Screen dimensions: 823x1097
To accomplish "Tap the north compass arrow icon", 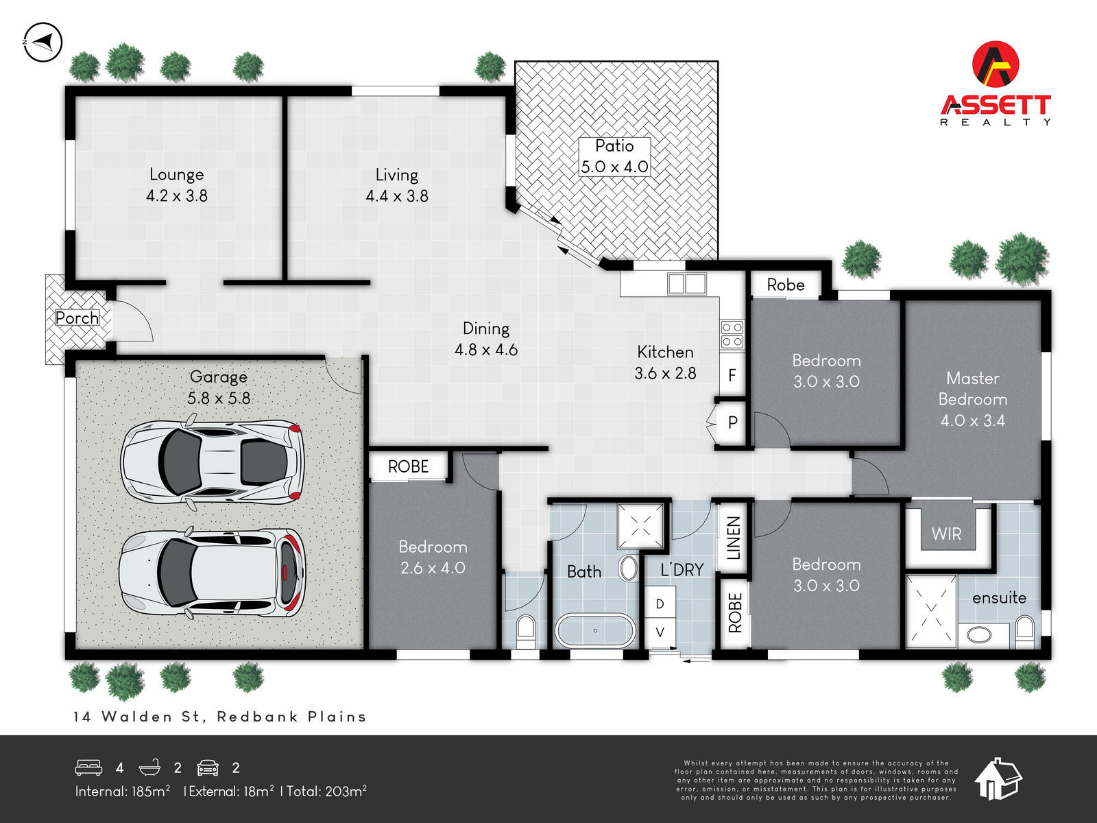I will tap(43, 43).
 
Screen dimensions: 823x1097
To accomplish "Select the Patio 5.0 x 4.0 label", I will tap(614, 156).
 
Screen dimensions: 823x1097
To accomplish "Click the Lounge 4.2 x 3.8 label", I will tap(177, 185).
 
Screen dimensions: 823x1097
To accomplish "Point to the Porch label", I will tap(77, 318).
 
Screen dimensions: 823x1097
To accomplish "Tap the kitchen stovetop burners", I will tap(732, 334).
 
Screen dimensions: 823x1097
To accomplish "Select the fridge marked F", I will tap(732, 375).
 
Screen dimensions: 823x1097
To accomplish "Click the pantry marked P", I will tap(732, 422).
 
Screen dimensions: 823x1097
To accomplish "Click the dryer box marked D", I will tap(660, 604).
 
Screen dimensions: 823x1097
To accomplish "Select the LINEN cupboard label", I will tap(734, 538).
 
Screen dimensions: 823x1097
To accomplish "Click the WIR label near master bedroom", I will tap(946, 534).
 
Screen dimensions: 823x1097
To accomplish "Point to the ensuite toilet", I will tap(1024, 630).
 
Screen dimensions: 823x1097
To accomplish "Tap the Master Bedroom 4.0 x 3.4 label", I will tap(972, 399).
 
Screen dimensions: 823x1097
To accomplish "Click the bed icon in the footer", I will tap(88, 767).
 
